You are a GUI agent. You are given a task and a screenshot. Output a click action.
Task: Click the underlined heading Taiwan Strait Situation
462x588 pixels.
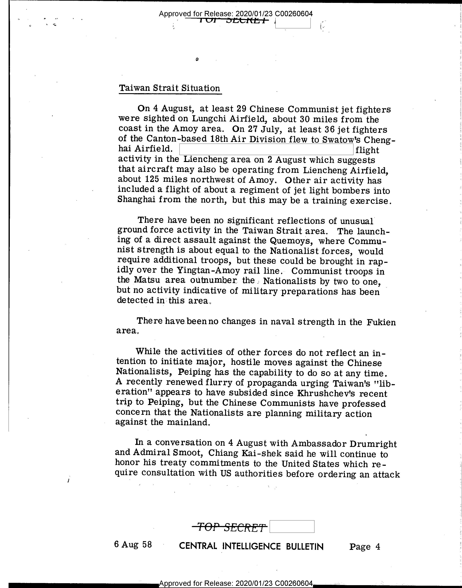coord(170,88)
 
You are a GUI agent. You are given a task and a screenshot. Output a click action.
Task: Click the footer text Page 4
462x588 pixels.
coord(364,546)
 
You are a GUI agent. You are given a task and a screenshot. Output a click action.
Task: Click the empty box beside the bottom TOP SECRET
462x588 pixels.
coord(292,526)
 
